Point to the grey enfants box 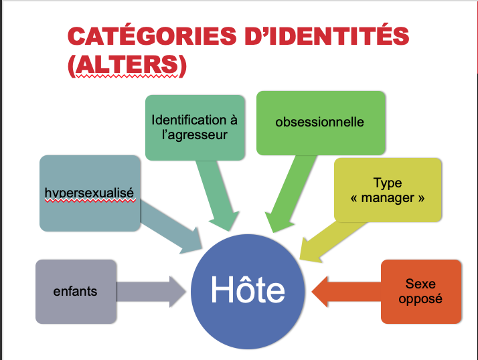coord(76,291)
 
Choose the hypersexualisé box coord(89,193)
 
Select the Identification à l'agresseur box coord(194,127)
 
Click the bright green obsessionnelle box coord(321,122)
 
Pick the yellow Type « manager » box coord(388,190)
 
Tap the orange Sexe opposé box coord(420,292)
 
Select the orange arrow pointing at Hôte coord(345,292)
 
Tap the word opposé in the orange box coord(420,299)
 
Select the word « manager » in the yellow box coord(388,198)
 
